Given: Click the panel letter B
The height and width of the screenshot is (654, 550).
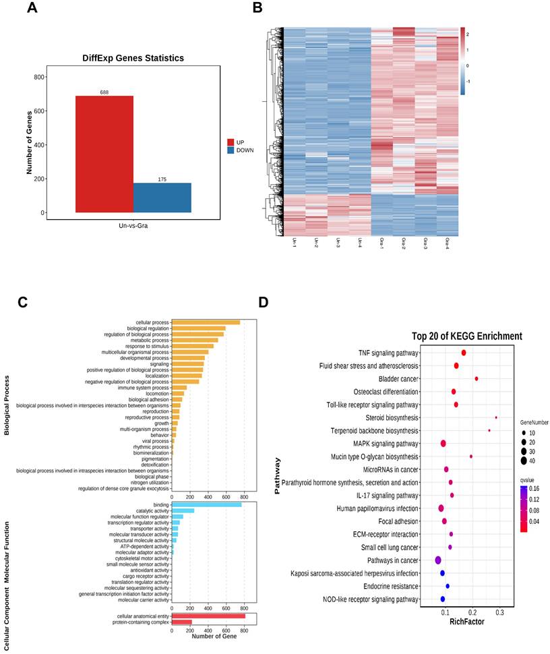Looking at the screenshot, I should coord(257,9).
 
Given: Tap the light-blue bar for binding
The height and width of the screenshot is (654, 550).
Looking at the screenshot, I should coord(206,504).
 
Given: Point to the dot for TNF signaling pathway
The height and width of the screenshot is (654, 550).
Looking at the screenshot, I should coord(464,353).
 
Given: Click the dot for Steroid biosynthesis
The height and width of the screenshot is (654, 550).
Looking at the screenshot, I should coord(496,417).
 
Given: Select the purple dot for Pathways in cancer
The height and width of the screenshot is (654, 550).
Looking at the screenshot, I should coord(438,560).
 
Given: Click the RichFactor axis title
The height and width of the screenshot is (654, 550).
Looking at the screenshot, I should coord(466,621).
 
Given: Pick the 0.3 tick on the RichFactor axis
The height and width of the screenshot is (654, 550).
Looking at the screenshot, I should coord(499,611).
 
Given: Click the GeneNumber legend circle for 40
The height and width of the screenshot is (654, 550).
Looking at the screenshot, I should coord(523,460).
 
